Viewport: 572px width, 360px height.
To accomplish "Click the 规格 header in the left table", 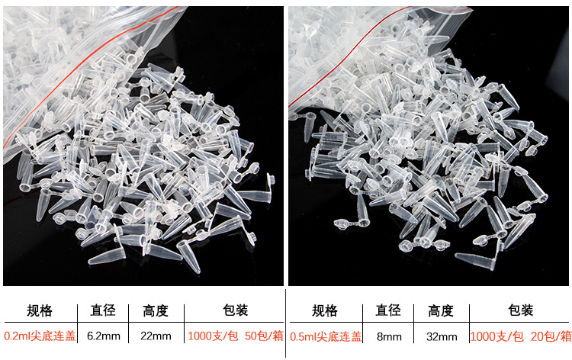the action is pyautogui.click(x=40, y=310).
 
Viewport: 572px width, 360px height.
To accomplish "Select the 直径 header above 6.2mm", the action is pyautogui.click(x=103, y=310).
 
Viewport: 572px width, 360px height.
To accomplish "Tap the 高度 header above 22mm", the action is pyautogui.click(x=155, y=310).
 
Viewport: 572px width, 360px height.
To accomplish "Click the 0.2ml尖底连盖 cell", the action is pyautogui.click(x=40, y=336).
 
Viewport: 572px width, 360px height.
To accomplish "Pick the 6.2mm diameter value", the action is pyautogui.click(x=104, y=336).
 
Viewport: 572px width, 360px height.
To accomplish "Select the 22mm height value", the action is pyautogui.click(x=155, y=336).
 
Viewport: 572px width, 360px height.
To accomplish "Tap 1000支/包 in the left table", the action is pyautogui.click(x=212, y=336).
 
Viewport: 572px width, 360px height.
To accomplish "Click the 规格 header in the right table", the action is pyautogui.click(x=325, y=310).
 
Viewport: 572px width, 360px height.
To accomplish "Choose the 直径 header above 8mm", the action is pyautogui.click(x=388, y=310).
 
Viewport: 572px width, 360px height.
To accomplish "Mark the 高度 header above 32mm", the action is pyautogui.click(x=440, y=310).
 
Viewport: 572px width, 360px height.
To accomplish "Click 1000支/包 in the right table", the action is pyautogui.click(x=497, y=336).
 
